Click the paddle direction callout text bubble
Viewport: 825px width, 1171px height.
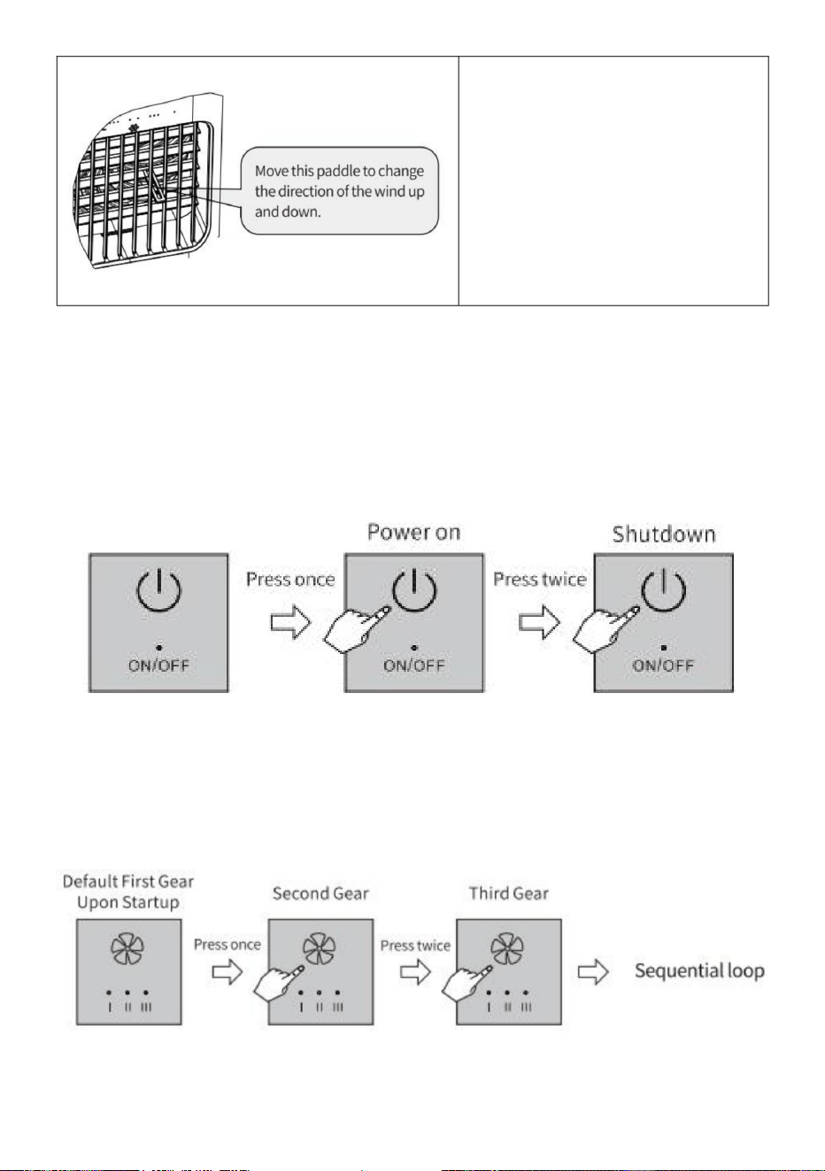click(x=339, y=191)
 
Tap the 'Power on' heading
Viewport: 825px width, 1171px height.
click(x=413, y=532)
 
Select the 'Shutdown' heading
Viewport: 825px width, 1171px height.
click(x=663, y=534)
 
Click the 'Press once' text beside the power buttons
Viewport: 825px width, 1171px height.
click(x=290, y=579)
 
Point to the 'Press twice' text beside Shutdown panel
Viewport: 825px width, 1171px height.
click(x=540, y=579)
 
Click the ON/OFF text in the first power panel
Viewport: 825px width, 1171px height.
click(x=158, y=666)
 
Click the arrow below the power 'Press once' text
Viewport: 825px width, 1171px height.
click(x=290, y=622)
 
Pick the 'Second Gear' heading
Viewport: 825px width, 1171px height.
click(x=320, y=893)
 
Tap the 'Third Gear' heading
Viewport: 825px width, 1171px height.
click(x=509, y=893)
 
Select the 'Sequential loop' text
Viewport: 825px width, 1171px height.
click(x=699, y=971)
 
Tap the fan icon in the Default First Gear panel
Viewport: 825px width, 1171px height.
click(x=127, y=949)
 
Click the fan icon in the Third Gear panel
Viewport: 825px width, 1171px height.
click(x=507, y=949)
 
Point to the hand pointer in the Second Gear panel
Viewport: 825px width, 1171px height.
click(x=278, y=982)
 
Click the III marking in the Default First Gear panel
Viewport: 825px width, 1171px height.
click(x=146, y=1007)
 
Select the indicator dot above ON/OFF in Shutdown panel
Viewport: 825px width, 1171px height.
click(x=663, y=648)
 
